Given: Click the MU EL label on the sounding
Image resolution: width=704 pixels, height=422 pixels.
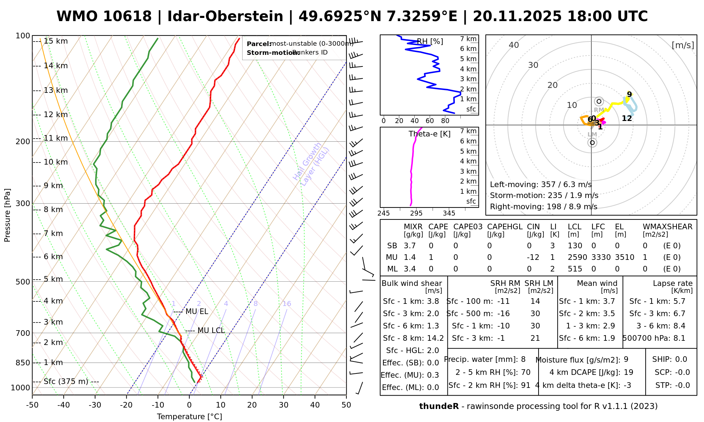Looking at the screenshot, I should [197, 312].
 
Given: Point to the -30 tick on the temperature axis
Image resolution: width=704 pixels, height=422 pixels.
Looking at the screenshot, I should [95, 405].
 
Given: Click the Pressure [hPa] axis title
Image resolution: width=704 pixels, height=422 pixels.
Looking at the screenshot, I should [7, 215].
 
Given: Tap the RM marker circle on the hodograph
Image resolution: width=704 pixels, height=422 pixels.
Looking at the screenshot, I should [599, 102].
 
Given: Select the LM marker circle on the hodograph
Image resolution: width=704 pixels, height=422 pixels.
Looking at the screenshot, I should [592, 142].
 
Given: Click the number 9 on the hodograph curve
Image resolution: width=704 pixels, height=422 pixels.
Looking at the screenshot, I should [629, 94].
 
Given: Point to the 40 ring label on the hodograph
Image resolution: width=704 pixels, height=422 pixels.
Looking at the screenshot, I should [514, 45].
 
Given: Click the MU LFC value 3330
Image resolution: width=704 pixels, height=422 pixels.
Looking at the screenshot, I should [601, 257].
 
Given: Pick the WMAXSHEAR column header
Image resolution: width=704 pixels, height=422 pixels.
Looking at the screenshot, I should [667, 227].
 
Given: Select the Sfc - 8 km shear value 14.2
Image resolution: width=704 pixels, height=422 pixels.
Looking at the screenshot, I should [435, 338].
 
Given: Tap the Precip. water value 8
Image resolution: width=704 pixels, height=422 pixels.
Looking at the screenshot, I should [523, 359].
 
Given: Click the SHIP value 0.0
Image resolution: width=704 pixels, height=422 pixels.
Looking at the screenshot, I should [681, 359].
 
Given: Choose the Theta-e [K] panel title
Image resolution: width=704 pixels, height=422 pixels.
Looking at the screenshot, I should [429, 134].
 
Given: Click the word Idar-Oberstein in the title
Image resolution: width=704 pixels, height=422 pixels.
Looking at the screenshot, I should [225, 17].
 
